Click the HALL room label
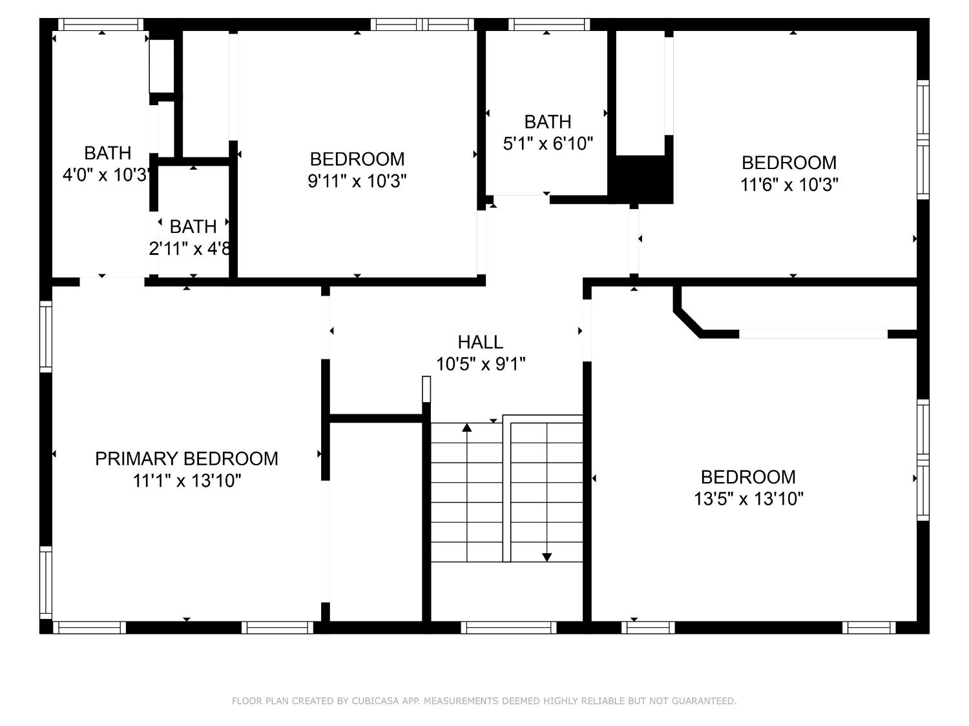tap(480, 342)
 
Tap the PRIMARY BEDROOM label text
tap(186, 459)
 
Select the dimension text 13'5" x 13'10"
tap(749, 499)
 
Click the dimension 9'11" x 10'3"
tap(357, 181)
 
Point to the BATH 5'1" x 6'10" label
tap(547, 122)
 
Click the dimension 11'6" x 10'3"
tap(789, 185)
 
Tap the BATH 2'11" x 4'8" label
tap(193, 227)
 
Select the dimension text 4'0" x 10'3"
tap(107, 175)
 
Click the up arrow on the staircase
tap(467, 428)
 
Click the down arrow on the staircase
tap(547, 556)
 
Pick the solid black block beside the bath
tap(643, 179)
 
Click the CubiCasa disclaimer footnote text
tap(484, 701)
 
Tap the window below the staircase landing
tap(508, 627)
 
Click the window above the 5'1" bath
tap(548, 25)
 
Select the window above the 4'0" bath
tap(101, 25)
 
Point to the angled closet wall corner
tap(687, 321)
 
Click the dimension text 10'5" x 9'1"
tap(481, 365)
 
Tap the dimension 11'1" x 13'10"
tap(187, 481)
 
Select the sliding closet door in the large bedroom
tap(813, 334)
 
